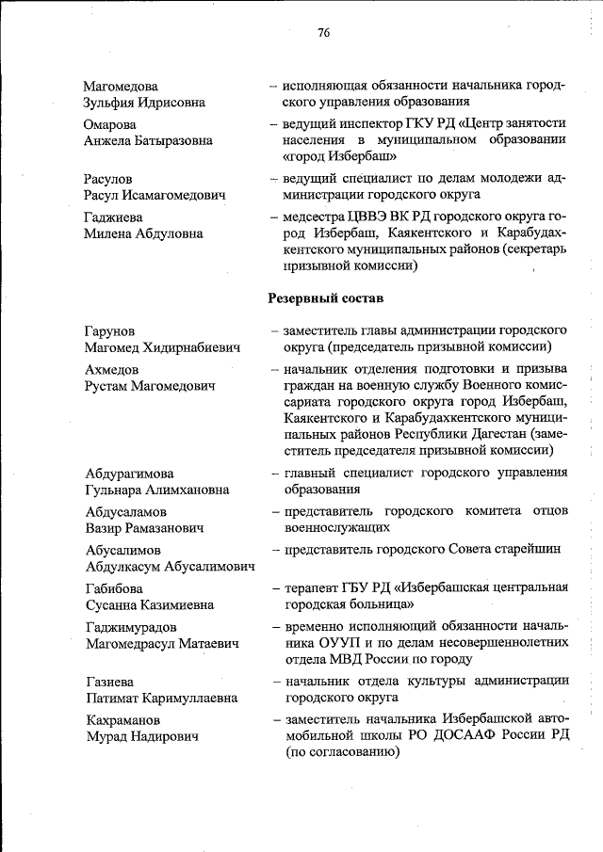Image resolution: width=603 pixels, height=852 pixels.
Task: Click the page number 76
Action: click(324, 31)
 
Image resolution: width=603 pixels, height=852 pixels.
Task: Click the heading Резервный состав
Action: click(324, 297)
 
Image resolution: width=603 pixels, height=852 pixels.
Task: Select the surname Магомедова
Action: click(120, 86)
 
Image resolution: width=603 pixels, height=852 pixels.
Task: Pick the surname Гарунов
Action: click(108, 331)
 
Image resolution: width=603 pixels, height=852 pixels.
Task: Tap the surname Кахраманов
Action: click(122, 720)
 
